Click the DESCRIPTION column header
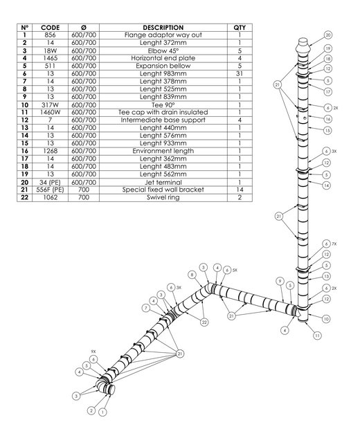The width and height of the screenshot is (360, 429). pos(163,28)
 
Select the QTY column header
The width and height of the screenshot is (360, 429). pos(240,28)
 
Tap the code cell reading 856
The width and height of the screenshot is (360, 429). pos(50,35)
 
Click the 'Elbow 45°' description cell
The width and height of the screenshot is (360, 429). pos(163,51)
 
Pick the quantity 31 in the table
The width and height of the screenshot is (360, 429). pos(240,73)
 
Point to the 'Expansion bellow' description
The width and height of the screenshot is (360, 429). pos(163,66)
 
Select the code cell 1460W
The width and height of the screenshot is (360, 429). pos(50,112)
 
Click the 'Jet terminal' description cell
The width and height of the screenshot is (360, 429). pos(163,182)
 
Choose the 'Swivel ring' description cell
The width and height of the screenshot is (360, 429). pos(163,197)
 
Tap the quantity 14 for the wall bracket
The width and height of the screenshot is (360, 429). pos(240,190)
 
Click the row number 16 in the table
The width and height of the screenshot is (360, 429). pos(25,151)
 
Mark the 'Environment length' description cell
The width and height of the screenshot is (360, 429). pos(163,151)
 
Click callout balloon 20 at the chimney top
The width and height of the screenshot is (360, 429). pos(328,35)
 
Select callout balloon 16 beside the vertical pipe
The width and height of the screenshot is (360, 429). pos(328,119)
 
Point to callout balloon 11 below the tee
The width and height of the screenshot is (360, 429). pos(317,336)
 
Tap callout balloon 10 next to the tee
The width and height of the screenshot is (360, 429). pos(326,319)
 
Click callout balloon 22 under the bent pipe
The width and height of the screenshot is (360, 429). pos(204,322)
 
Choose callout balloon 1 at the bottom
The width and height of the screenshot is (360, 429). pos(102,412)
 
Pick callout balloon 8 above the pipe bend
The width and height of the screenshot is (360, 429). pos(192,275)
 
